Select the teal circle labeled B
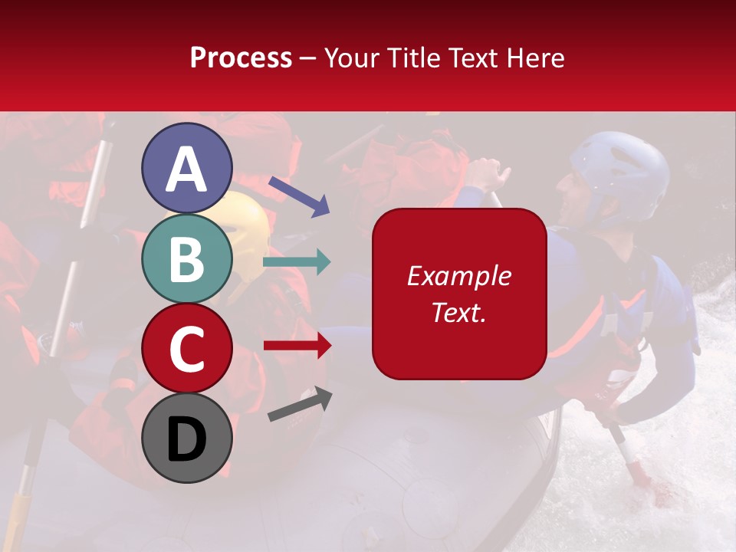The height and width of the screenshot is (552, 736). [186, 259]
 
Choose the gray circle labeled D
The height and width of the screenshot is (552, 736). [186, 438]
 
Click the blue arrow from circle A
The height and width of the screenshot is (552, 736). [299, 195]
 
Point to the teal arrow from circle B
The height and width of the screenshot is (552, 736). [297, 262]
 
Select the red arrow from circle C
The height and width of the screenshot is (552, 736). [297, 346]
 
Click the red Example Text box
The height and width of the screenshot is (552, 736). [459, 294]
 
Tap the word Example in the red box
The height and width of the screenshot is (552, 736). [458, 276]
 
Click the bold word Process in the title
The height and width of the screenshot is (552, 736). [241, 58]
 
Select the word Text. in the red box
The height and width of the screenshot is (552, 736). [458, 312]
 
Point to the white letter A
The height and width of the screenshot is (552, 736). [186, 169]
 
